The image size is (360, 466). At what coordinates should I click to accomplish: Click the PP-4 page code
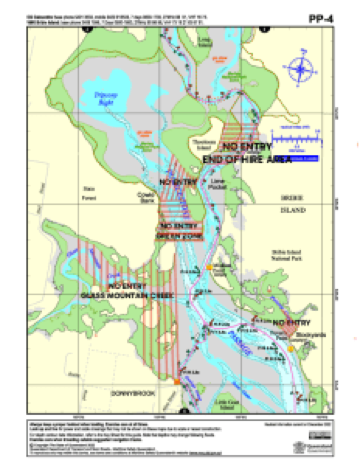click(x=321, y=18)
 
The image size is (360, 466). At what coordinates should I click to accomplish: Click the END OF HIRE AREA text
click(x=247, y=159)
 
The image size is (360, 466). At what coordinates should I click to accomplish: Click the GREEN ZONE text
click(x=180, y=236)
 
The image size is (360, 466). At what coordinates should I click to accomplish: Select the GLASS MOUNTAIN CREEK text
click(x=127, y=296)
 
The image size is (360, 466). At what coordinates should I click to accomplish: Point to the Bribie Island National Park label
click(x=287, y=255)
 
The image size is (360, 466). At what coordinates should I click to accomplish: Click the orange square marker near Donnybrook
click(x=177, y=382)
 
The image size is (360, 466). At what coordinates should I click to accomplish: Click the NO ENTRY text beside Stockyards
click(x=291, y=323)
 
